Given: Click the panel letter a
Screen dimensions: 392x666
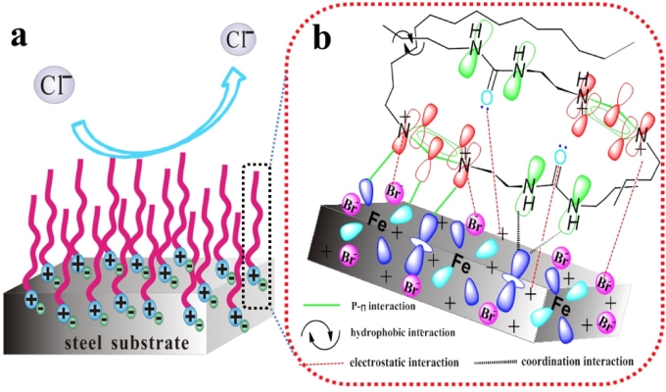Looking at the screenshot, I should point(19,38).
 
